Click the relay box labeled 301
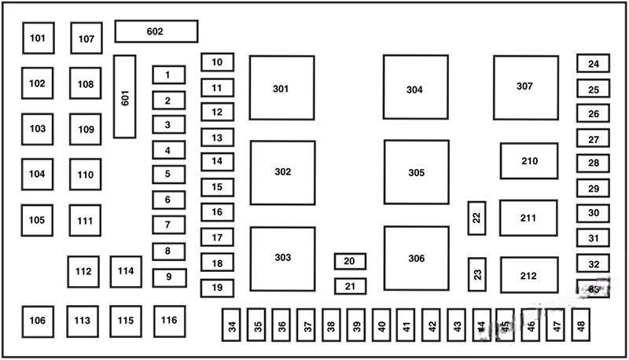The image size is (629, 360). pyautogui.click(x=281, y=88)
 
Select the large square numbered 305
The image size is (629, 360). pyautogui.click(x=416, y=172)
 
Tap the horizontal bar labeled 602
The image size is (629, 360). pyautogui.click(x=156, y=31)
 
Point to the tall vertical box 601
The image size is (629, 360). pyautogui.click(x=125, y=96)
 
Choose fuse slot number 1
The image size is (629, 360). pyautogui.click(x=168, y=75)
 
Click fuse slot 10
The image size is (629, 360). pyautogui.click(x=217, y=62)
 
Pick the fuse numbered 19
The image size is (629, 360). pyautogui.click(x=217, y=288)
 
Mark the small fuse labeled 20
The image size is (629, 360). pyautogui.click(x=350, y=261)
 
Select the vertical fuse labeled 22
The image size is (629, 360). pyautogui.click(x=476, y=218)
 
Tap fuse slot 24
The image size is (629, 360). pyautogui.click(x=593, y=64)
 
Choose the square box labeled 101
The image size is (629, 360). pyautogui.click(x=38, y=38)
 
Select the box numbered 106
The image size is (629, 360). pyautogui.click(x=38, y=321)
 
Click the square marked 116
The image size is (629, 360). pyautogui.click(x=169, y=321)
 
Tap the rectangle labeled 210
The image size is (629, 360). pyautogui.click(x=529, y=161)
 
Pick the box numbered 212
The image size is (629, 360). pyautogui.click(x=528, y=275)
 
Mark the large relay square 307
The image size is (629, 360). pyautogui.click(x=526, y=87)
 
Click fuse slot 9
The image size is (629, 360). pyautogui.click(x=168, y=277)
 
